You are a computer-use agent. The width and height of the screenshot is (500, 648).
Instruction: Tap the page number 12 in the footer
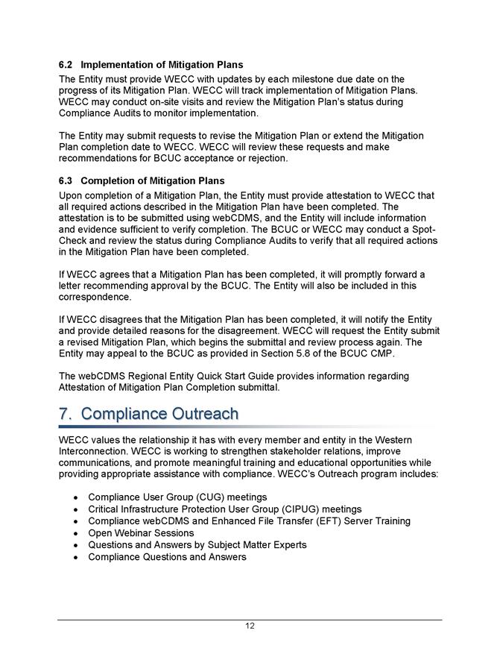[x=250, y=626]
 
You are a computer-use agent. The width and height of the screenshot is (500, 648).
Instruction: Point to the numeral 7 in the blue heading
[x=63, y=414]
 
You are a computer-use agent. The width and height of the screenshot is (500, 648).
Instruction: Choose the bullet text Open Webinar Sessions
[x=141, y=533]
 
